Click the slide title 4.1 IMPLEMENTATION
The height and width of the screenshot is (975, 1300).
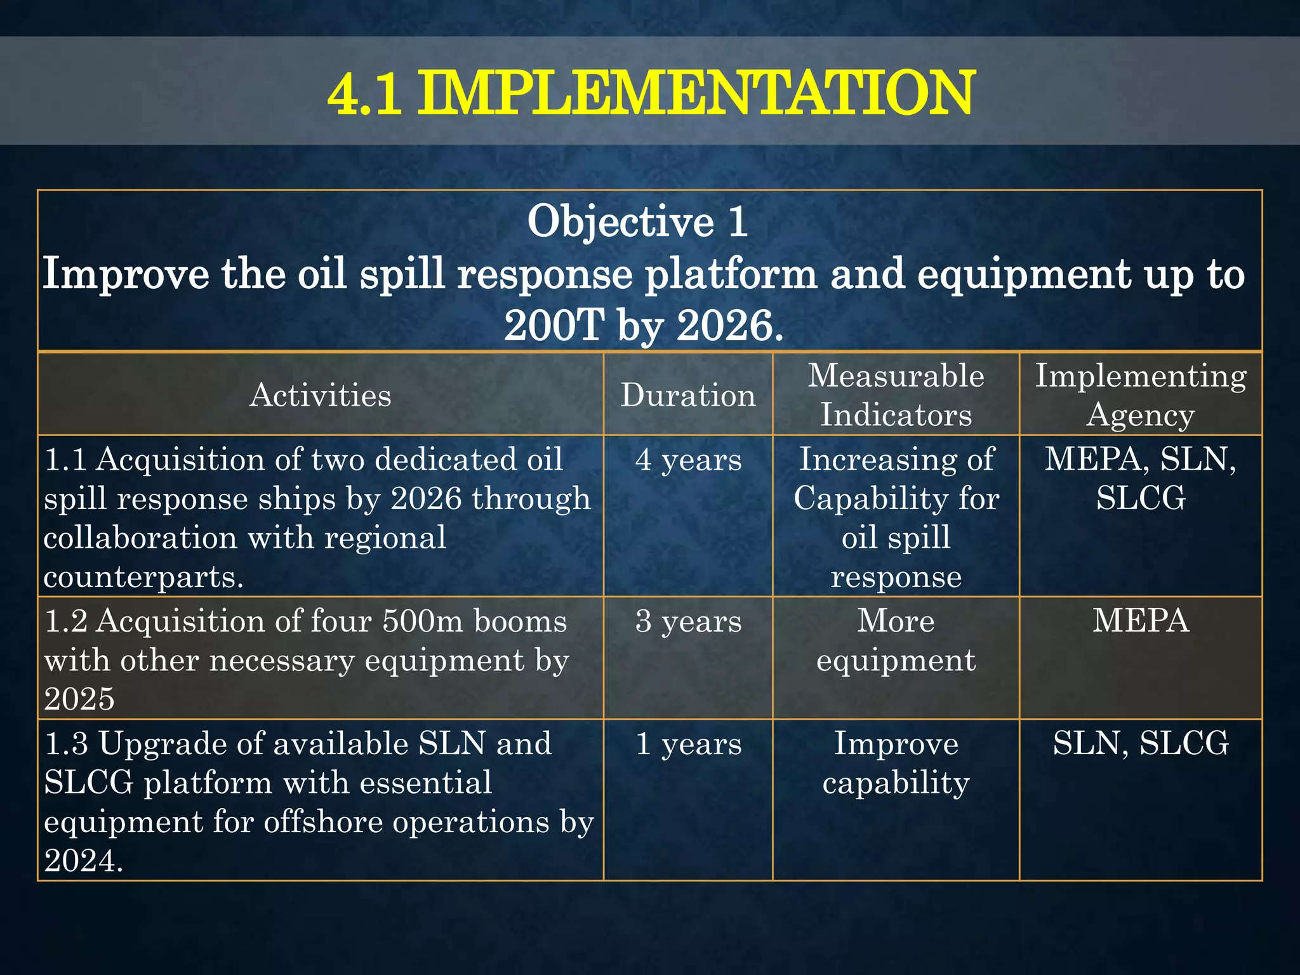coord(650,93)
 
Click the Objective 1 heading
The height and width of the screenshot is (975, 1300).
coord(637,222)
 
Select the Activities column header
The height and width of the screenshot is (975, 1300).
coord(320,395)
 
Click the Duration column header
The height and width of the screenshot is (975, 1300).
coord(688,395)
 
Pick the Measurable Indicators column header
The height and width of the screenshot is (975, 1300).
coord(896,395)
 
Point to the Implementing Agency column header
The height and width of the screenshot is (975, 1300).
coord(1141,395)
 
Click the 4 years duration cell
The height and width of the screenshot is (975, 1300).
coord(688,460)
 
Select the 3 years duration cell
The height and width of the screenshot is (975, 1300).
coord(688,621)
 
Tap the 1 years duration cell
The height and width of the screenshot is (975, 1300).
coord(688,744)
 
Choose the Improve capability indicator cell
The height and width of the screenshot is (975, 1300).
coord(896,763)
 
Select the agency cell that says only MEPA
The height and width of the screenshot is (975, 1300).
coord(1141,621)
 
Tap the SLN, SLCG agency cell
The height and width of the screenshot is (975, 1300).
coord(1141,744)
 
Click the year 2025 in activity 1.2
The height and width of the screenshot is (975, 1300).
coord(79,700)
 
